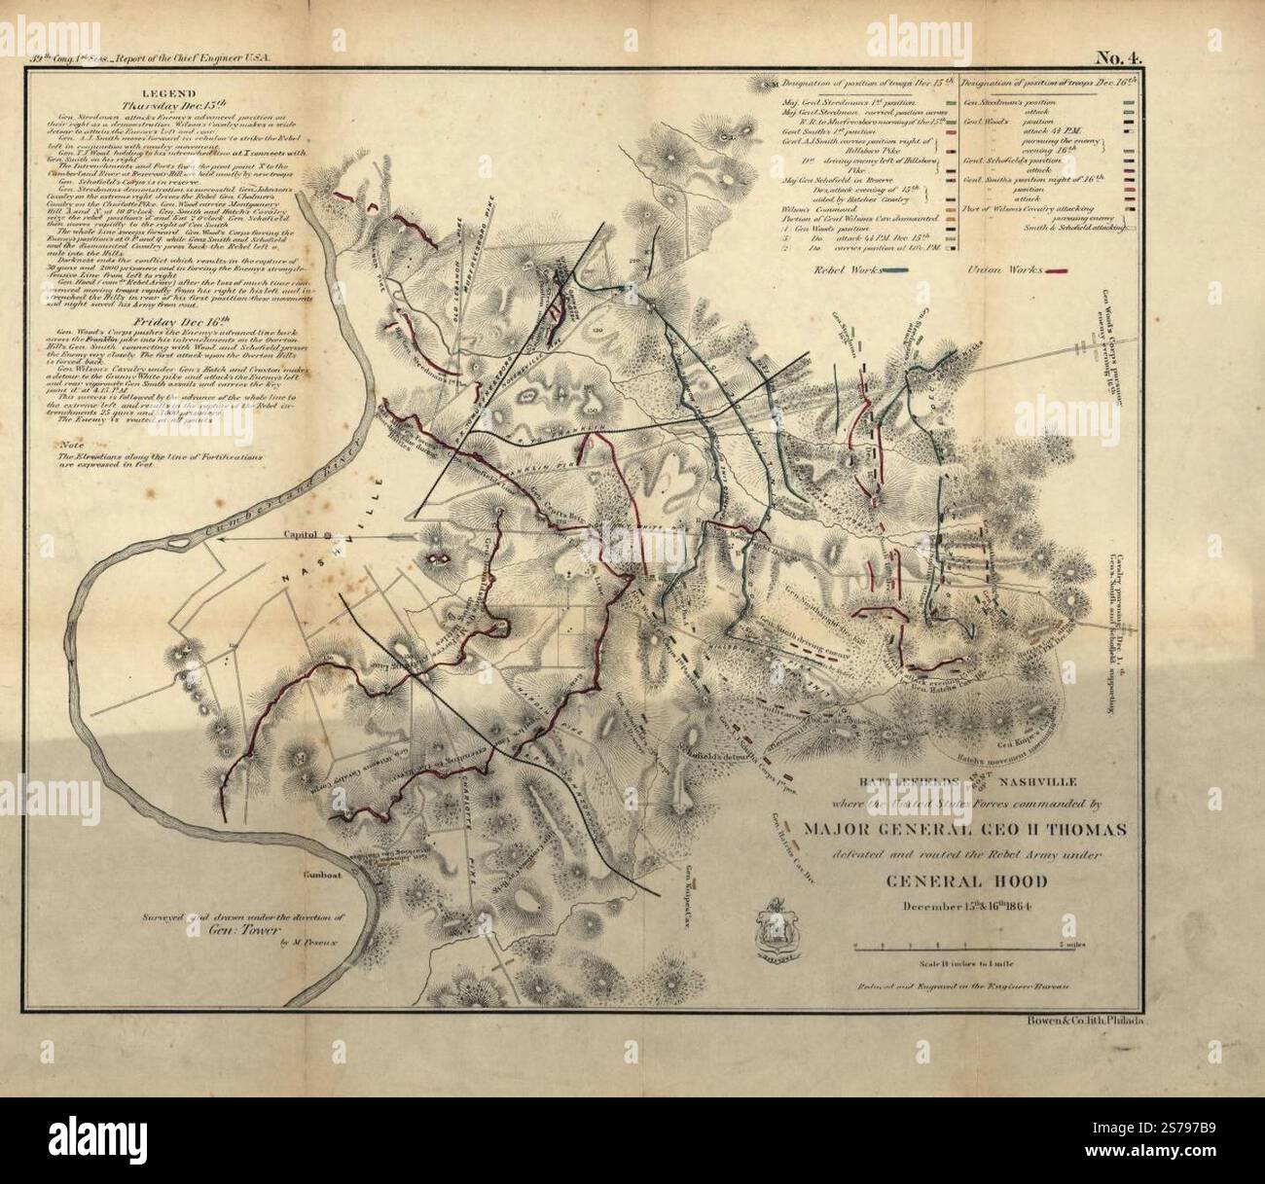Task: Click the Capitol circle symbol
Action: point(328,534)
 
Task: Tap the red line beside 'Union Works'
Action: point(1068,269)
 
